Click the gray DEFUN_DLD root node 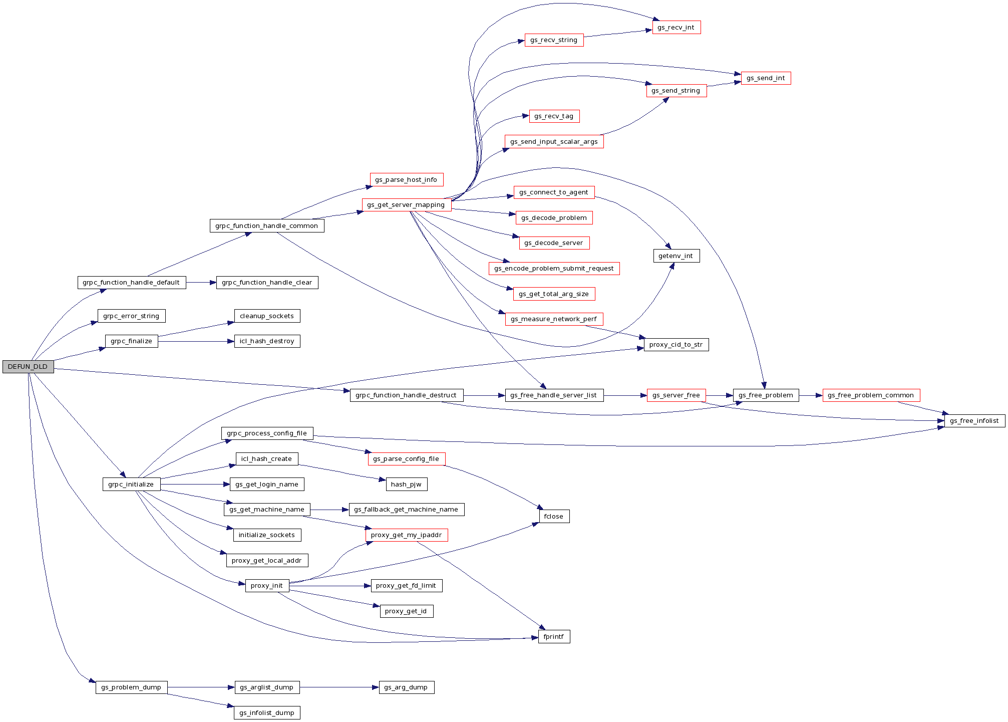(x=28, y=367)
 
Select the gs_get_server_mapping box (x=406, y=205)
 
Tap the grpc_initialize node (x=131, y=485)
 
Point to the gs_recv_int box (x=676, y=28)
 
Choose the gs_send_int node (x=766, y=78)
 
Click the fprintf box (x=554, y=637)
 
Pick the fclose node (x=554, y=517)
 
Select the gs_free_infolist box (x=974, y=421)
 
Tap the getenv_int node (x=676, y=256)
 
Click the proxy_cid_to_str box (x=676, y=345)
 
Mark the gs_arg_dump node (x=406, y=687)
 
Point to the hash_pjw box (x=406, y=485)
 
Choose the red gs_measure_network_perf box (x=554, y=319)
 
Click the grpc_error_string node (x=131, y=316)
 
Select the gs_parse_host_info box (x=406, y=180)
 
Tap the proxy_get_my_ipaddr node (x=406, y=535)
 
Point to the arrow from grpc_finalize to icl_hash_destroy (x=196, y=342)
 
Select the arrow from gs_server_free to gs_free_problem (x=719, y=395)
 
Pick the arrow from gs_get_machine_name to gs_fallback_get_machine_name (x=329, y=510)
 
